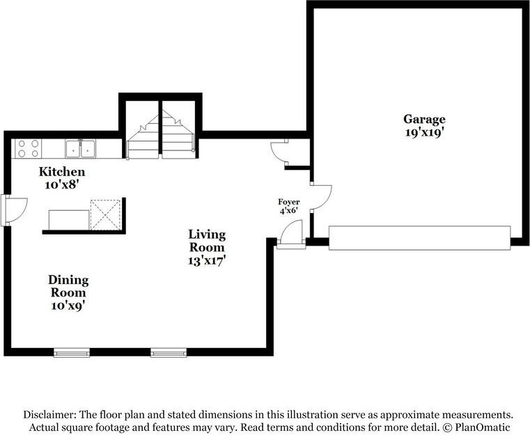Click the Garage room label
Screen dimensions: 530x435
coord(424,120)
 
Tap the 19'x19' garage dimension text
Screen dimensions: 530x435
coord(424,133)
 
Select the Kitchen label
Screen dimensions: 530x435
coord(62,172)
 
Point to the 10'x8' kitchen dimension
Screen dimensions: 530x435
coord(62,184)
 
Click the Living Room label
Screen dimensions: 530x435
coord(207,241)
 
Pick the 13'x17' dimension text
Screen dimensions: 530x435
coord(207,261)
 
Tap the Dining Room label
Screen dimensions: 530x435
coord(68,286)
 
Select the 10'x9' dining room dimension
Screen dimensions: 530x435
coord(68,306)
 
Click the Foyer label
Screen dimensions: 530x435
coord(288,202)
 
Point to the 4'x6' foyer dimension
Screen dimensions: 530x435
coord(288,211)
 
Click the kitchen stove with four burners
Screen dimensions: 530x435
coord(28,149)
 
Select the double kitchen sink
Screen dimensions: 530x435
coord(81,149)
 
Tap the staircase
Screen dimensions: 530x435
coord(161,135)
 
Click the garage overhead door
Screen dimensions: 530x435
coord(419,238)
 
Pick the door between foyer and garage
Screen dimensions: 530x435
coord(320,198)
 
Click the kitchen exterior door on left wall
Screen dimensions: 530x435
coord(14,210)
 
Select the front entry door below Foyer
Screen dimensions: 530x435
coord(291,235)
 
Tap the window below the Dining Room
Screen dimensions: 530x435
coord(72,353)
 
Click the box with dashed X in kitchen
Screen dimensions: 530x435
coord(105,215)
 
